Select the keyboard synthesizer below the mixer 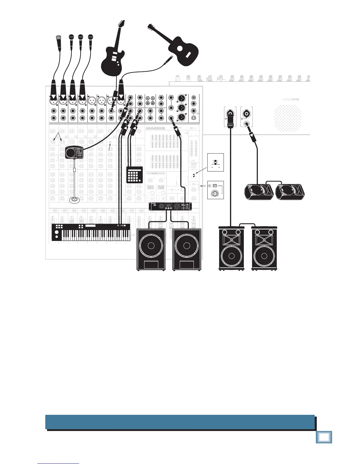click(x=91, y=232)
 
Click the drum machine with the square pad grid click(x=134, y=175)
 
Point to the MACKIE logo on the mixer click(x=155, y=129)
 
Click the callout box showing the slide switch click(x=215, y=162)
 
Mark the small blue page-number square click(x=324, y=437)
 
